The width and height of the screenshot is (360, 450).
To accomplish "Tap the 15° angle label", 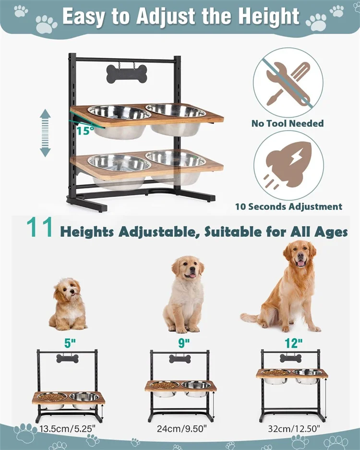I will tap(84, 130).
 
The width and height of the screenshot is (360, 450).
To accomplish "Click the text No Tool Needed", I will tap(288, 123).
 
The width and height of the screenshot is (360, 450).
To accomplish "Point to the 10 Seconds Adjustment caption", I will tap(288, 207).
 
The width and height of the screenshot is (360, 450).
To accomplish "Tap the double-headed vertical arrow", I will tap(45, 133).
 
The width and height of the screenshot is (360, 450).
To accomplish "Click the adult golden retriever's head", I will tap(300, 255).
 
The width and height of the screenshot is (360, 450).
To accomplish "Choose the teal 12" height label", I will tap(293, 343).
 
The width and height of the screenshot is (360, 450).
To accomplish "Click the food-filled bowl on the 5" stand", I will tap(52, 397).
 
